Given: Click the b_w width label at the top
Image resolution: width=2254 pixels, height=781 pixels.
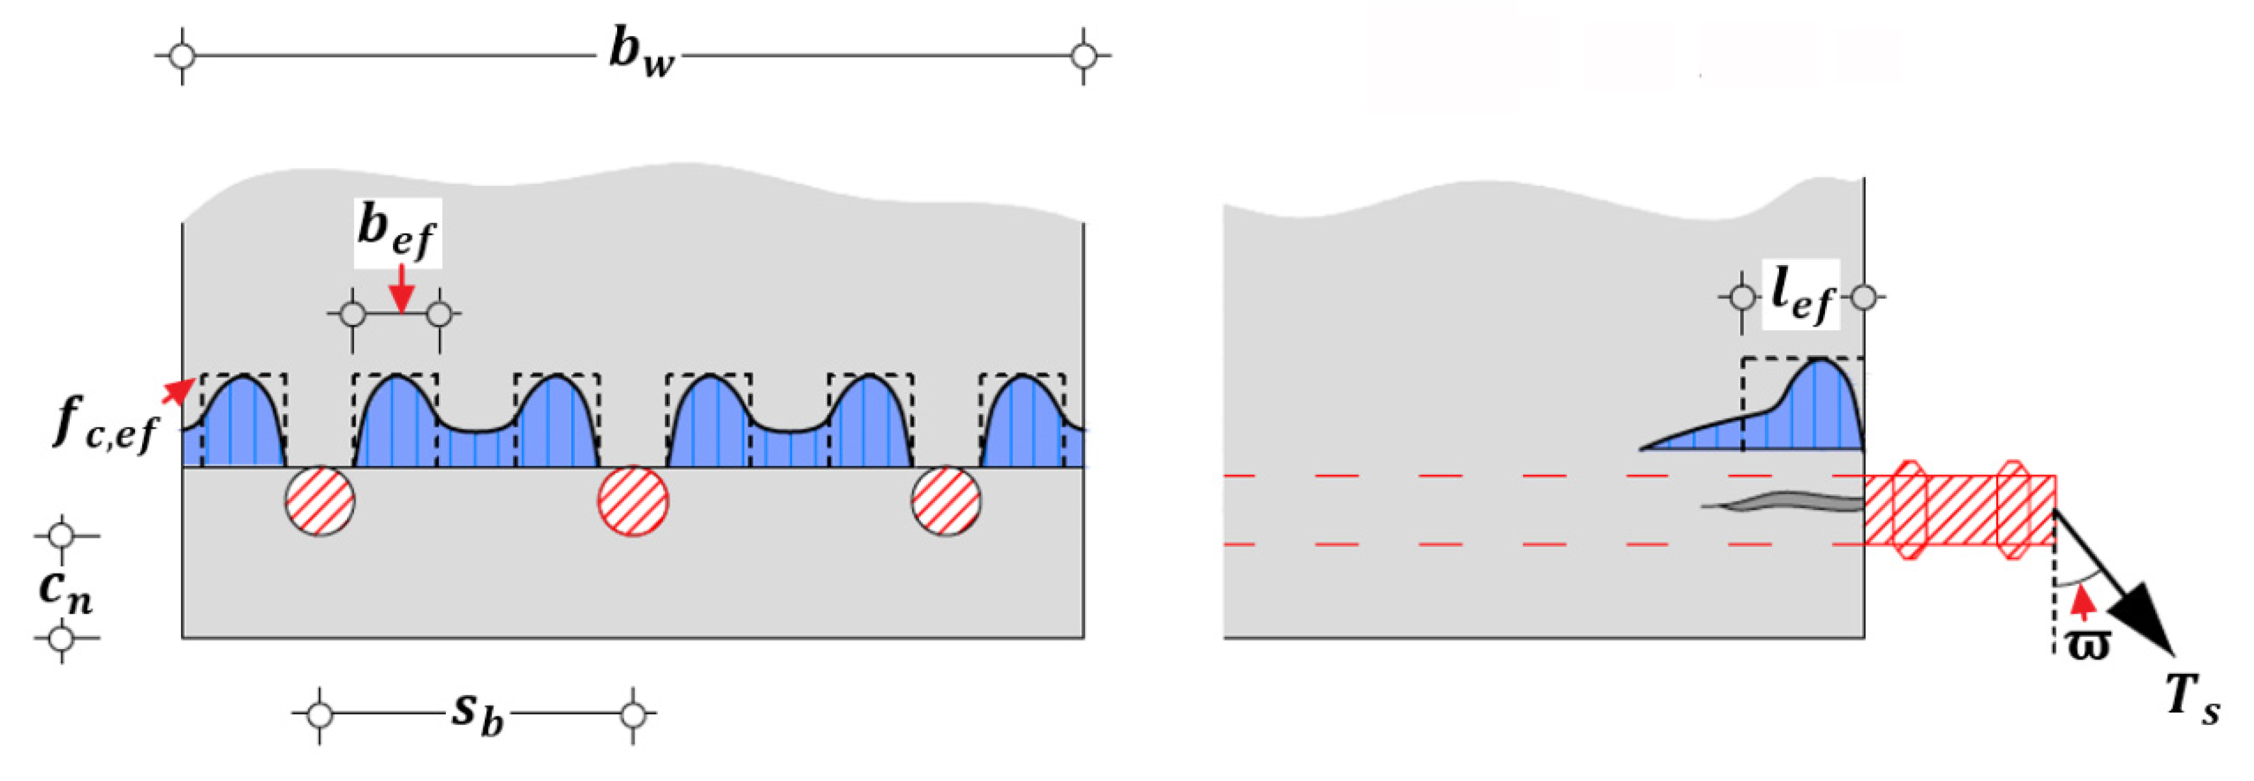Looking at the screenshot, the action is (642, 54).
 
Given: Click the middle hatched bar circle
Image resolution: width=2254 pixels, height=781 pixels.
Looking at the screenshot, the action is (633, 501).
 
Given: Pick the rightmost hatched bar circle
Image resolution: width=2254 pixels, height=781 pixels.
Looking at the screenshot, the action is (946, 501).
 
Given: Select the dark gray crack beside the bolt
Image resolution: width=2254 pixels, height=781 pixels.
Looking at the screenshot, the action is (1785, 502).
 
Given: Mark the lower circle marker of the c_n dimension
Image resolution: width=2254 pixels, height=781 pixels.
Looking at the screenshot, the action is (61, 638).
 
